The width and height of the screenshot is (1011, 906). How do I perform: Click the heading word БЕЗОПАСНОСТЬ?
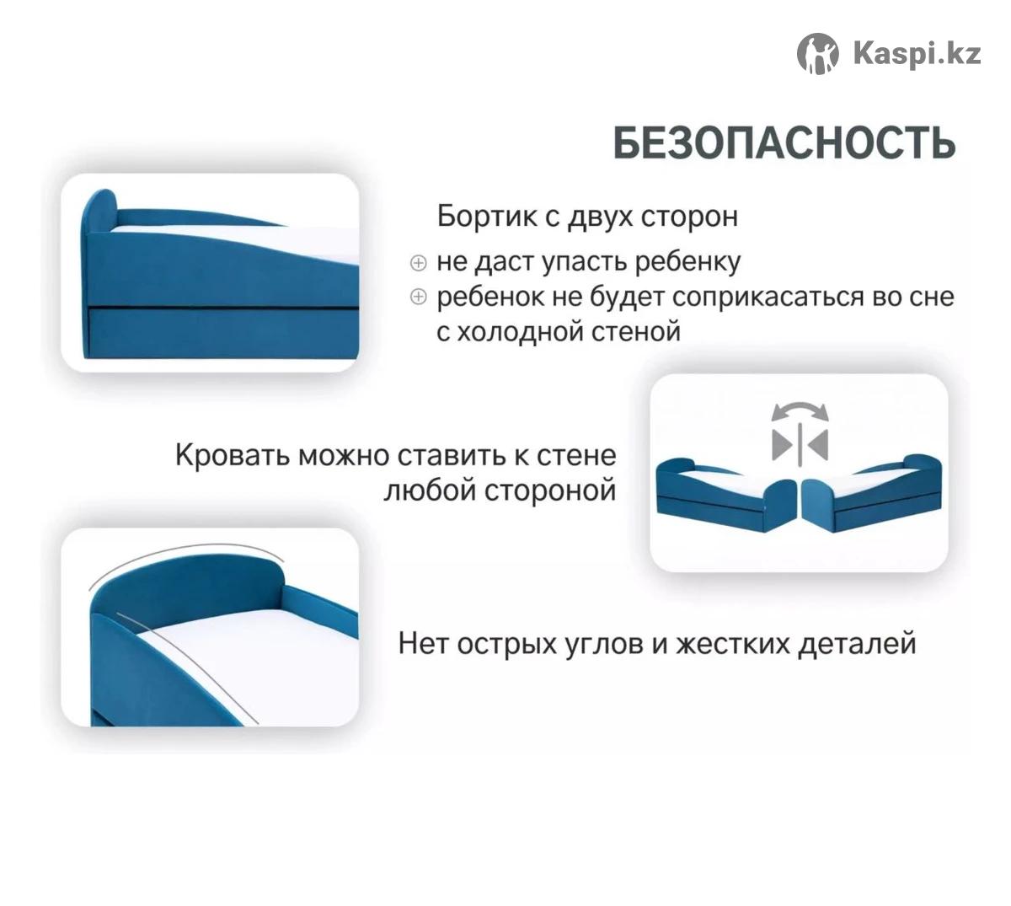(784, 142)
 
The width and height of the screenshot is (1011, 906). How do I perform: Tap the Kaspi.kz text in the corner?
(917, 53)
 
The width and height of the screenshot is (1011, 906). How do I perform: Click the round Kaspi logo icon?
(817, 53)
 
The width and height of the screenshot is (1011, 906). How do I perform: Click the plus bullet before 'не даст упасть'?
(418, 263)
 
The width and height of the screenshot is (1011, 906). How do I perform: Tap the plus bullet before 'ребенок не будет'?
(418, 297)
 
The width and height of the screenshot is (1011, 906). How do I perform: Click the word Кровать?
(232, 455)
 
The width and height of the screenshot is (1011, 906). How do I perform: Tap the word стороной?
(549, 491)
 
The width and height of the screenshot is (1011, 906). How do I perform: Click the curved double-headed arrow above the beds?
(800, 405)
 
